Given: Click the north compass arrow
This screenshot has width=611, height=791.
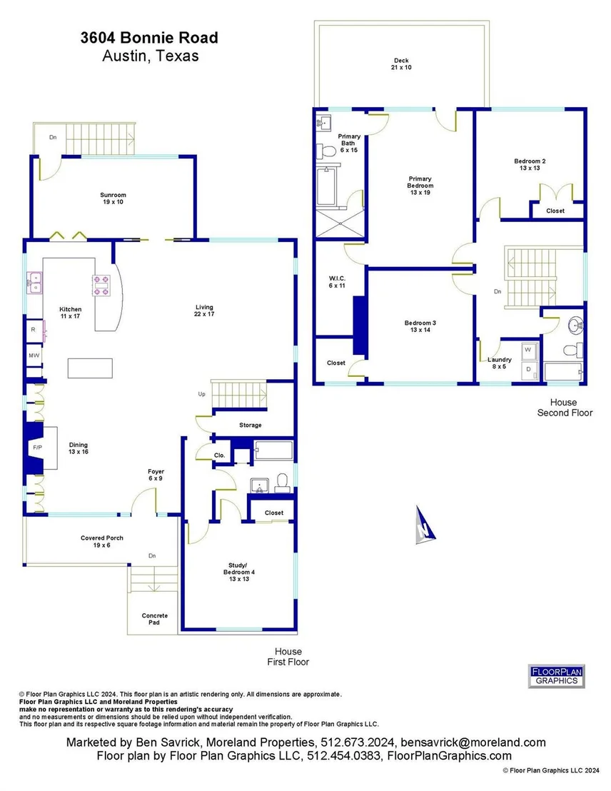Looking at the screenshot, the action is pyautogui.click(x=424, y=526).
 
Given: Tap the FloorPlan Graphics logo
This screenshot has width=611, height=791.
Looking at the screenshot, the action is pyautogui.click(x=556, y=676).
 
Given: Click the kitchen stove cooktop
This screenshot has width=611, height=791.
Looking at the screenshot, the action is pyautogui.click(x=101, y=286).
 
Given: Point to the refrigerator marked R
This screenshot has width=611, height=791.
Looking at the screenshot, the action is pyautogui.click(x=34, y=330).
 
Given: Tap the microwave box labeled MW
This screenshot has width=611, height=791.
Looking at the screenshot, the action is pyautogui.click(x=34, y=356).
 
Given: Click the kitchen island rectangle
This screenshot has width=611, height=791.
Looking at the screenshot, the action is pyautogui.click(x=91, y=368).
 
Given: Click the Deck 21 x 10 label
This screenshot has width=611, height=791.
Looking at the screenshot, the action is pyautogui.click(x=401, y=64).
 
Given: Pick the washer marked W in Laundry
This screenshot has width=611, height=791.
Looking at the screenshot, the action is pyautogui.click(x=528, y=351).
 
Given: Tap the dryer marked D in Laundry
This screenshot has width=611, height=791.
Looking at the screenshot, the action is pyautogui.click(x=528, y=370).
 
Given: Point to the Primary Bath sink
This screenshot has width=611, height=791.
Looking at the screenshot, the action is pyautogui.click(x=323, y=122).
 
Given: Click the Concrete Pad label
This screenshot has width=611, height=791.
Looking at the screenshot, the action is pyautogui.click(x=154, y=619).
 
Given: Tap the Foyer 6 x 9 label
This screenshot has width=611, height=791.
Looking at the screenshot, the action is pyautogui.click(x=156, y=475).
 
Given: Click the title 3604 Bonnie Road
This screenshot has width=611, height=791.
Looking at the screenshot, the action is pyautogui.click(x=149, y=38).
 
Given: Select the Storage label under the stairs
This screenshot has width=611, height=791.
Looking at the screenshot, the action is pyautogui.click(x=251, y=425).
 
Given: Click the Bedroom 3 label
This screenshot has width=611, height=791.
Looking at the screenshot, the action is pyautogui.click(x=420, y=326).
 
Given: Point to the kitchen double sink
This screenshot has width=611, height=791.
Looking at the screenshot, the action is pyautogui.click(x=35, y=283).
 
